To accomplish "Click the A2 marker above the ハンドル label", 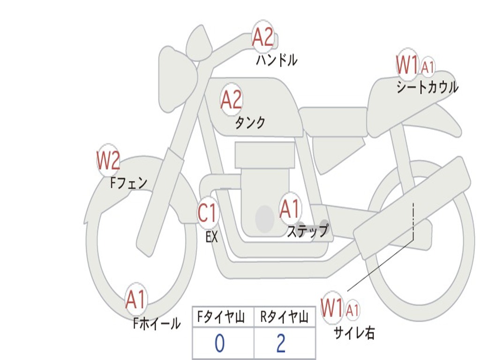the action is tap(263, 37).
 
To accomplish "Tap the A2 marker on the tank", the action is tap(231, 99).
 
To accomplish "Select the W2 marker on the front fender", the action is tap(108, 161).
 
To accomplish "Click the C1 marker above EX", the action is tap(208, 213).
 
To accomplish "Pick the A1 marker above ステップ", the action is tap(290, 209).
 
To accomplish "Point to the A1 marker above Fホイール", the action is tap(136, 300).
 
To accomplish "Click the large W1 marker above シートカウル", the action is tap(407, 65).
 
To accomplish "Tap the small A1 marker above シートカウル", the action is tap(427, 67).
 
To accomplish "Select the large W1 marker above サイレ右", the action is tap(332, 308).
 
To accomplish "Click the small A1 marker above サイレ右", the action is tap(352, 310).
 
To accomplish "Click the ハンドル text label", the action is tap(277, 60).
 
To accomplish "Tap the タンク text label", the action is tap(250, 123).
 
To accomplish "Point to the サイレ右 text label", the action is tap(354, 333).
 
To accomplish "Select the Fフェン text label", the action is tap(129, 182).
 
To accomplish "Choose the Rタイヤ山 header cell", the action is tap(284, 318).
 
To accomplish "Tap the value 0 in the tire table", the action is tap(219, 344).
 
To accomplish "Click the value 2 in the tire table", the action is tap(281, 344).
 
